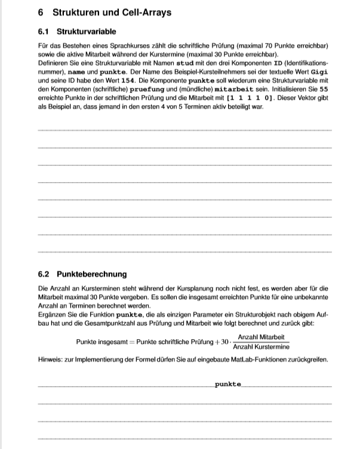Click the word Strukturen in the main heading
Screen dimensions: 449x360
click(75, 12)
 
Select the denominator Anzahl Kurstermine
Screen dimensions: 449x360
click(261, 347)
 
